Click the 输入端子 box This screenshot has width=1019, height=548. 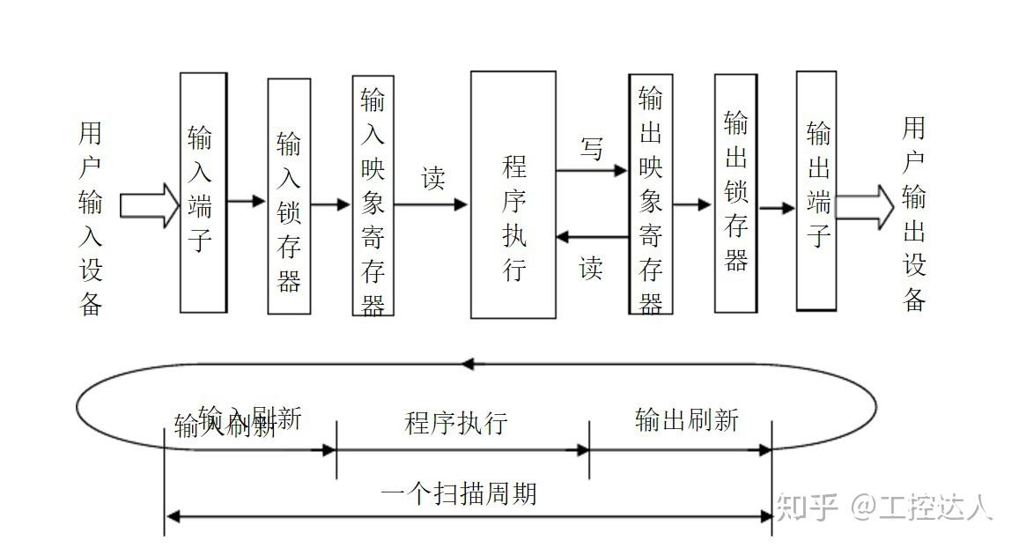(203, 192)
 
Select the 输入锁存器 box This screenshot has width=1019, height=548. (289, 196)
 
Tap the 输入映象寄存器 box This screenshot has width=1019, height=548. (373, 196)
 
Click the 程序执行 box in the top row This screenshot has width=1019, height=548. (513, 195)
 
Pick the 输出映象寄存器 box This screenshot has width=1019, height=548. (651, 195)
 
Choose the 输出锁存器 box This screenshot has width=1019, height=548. (735, 193)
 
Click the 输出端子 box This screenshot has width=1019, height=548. (816, 191)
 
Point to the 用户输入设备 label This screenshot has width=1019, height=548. (92, 219)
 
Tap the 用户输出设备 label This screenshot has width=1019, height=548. (915, 214)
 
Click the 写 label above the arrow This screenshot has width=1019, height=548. (592, 149)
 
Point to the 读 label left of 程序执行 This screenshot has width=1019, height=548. (432, 179)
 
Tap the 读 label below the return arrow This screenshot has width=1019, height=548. (590, 266)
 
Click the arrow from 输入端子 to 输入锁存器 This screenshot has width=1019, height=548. (247, 202)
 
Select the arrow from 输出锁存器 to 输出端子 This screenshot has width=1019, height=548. (777, 208)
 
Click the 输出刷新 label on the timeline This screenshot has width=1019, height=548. (687, 419)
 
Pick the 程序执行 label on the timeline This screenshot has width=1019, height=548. (456, 423)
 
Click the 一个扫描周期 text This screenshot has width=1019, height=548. (459, 492)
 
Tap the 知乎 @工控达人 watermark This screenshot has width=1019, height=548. (884, 507)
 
